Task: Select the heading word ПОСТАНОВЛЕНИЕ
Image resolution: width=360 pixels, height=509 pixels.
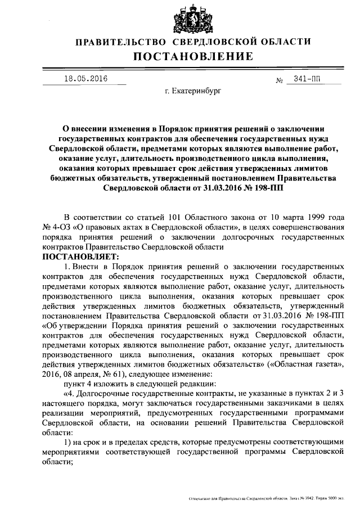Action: [193, 56]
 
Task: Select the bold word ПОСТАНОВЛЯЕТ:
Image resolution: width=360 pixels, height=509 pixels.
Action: [76, 256]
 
